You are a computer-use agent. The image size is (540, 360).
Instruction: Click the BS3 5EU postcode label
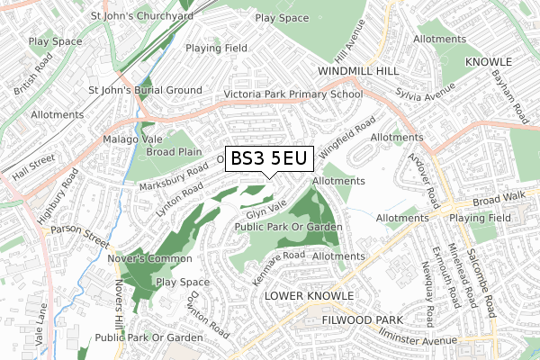pyautogui.click(x=269, y=159)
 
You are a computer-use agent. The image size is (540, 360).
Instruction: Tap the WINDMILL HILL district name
pyautogui.click(x=358, y=69)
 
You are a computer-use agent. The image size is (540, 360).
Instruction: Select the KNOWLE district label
pyautogui.click(x=488, y=61)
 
